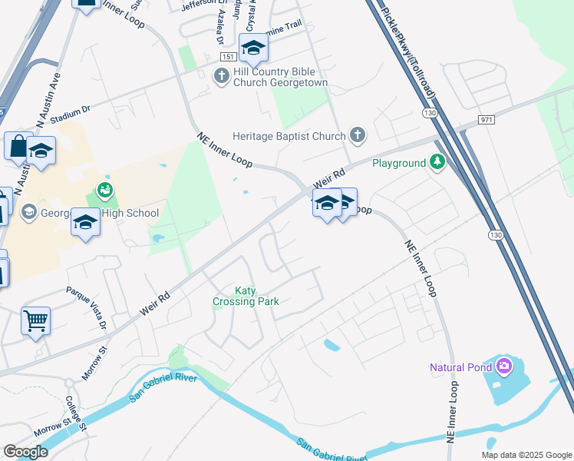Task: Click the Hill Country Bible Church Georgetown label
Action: pyautogui.click(x=281, y=75)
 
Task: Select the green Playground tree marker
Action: pyautogui.click(x=437, y=162)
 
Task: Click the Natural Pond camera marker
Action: pyautogui.click(x=504, y=366)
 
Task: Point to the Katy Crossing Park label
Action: pyautogui.click(x=246, y=296)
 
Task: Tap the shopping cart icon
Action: pyautogui.click(x=35, y=321)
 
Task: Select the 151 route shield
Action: pyautogui.click(x=226, y=58)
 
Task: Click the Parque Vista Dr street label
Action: pyautogui.click(x=87, y=307)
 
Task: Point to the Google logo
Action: pyautogui.click(x=26, y=452)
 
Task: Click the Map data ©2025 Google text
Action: pyautogui.click(x=526, y=455)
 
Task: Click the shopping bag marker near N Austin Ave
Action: pyautogui.click(x=17, y=145)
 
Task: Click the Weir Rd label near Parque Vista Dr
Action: pyautogui.click(x=154, y=301)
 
